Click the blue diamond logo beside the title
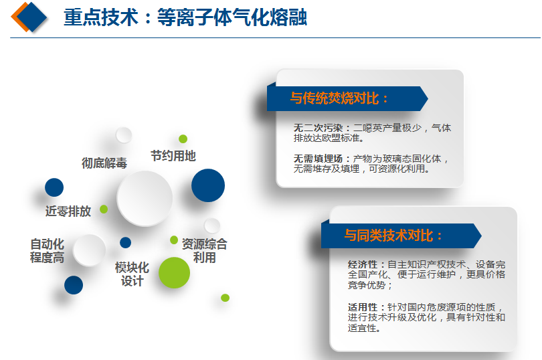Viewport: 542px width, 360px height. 31,17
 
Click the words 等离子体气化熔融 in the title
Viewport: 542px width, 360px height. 232,17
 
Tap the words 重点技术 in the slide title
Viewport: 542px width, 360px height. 101,17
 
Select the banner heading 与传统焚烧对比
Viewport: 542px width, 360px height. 339,98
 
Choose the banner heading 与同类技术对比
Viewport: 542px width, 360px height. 393,236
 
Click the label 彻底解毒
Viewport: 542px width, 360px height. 104,163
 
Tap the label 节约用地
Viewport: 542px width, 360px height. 173,156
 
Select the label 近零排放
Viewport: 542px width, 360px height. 68,211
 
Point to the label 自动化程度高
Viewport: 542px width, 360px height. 48,251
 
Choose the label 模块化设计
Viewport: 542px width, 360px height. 132,274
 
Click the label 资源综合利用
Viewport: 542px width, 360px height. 204,251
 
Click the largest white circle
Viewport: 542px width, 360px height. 145,198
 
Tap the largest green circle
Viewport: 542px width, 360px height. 174,272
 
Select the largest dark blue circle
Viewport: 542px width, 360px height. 208,185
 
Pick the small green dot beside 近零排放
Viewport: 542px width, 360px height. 104,209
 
